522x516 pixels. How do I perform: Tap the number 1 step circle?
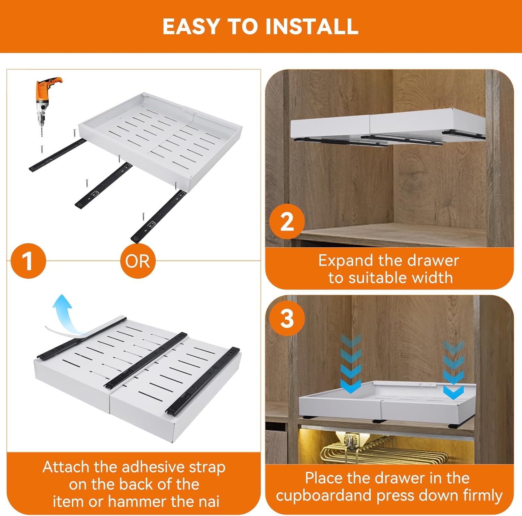(x=28, y=261)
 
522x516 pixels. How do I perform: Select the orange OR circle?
(x=137, y=261)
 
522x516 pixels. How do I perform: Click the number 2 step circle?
(x=287, y=222)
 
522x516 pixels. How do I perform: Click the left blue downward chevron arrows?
(x=351, y=364)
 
